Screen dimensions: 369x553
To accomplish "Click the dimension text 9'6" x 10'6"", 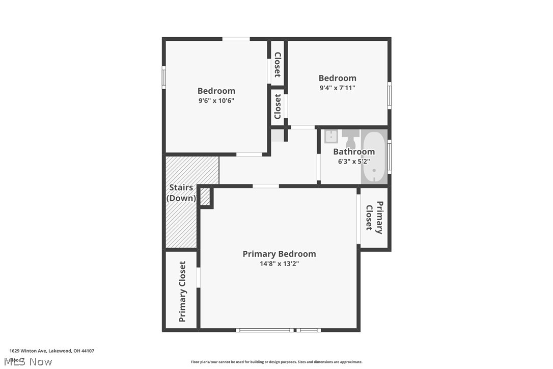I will (x=216, y=100).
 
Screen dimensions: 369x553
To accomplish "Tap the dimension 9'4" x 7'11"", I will (x=337, y=88).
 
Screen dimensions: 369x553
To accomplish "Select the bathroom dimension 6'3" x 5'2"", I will (x=354, y=162).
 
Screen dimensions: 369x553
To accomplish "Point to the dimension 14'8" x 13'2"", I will (x=279, y=264).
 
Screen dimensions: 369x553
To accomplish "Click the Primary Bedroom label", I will (x=279, y=254).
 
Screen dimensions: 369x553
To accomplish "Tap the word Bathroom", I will (x=354, y=151).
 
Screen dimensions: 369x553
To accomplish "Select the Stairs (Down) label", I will (x=181, y=193).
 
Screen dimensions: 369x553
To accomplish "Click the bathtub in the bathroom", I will (x=374, y=156).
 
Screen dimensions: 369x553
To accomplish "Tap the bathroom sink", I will (x=331, y=137).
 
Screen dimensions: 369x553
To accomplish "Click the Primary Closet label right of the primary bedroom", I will (x=374, y=218).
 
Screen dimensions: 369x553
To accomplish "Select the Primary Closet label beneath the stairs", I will (x=182, y=292).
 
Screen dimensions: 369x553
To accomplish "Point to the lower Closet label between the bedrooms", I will (x=278, y=106).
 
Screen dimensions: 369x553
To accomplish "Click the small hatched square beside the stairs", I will (x=205, y=197).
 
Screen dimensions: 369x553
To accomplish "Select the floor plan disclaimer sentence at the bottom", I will (x=276, y=362).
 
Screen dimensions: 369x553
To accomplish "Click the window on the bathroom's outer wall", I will (x=390, y=156).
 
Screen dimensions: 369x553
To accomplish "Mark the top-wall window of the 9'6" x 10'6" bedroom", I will (x=236, y=39).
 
